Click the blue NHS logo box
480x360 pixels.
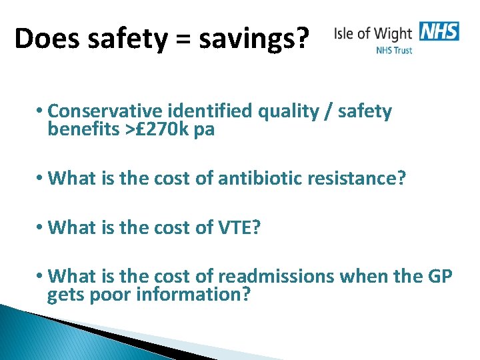(439, 31)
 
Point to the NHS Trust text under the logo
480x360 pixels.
(394, 50)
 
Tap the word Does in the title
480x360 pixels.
(43, 39)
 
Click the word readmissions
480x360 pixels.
(279, 275)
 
